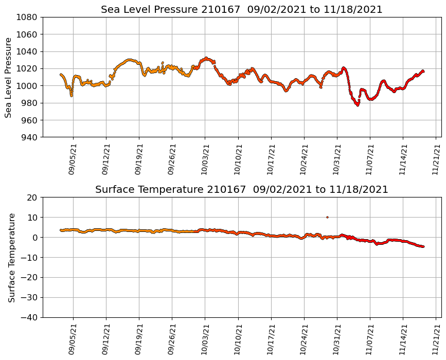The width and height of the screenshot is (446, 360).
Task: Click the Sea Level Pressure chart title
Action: (241, 10)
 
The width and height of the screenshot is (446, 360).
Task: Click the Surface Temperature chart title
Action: (241, 190)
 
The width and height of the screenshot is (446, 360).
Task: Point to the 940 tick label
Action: (29, 137)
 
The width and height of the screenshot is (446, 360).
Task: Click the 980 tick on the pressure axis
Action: (29, 103)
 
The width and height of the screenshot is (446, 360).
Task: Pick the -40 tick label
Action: (29, 317)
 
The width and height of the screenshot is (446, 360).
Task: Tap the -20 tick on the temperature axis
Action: (29, 277)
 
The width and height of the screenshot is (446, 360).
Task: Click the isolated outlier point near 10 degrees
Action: (327, 217)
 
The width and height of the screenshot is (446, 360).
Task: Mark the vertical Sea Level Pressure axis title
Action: (9, 77)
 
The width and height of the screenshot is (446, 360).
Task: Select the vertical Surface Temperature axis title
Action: (11, 257)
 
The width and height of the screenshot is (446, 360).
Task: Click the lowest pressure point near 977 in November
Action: (358, 105)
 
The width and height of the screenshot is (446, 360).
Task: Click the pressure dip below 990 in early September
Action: (72, 95)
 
